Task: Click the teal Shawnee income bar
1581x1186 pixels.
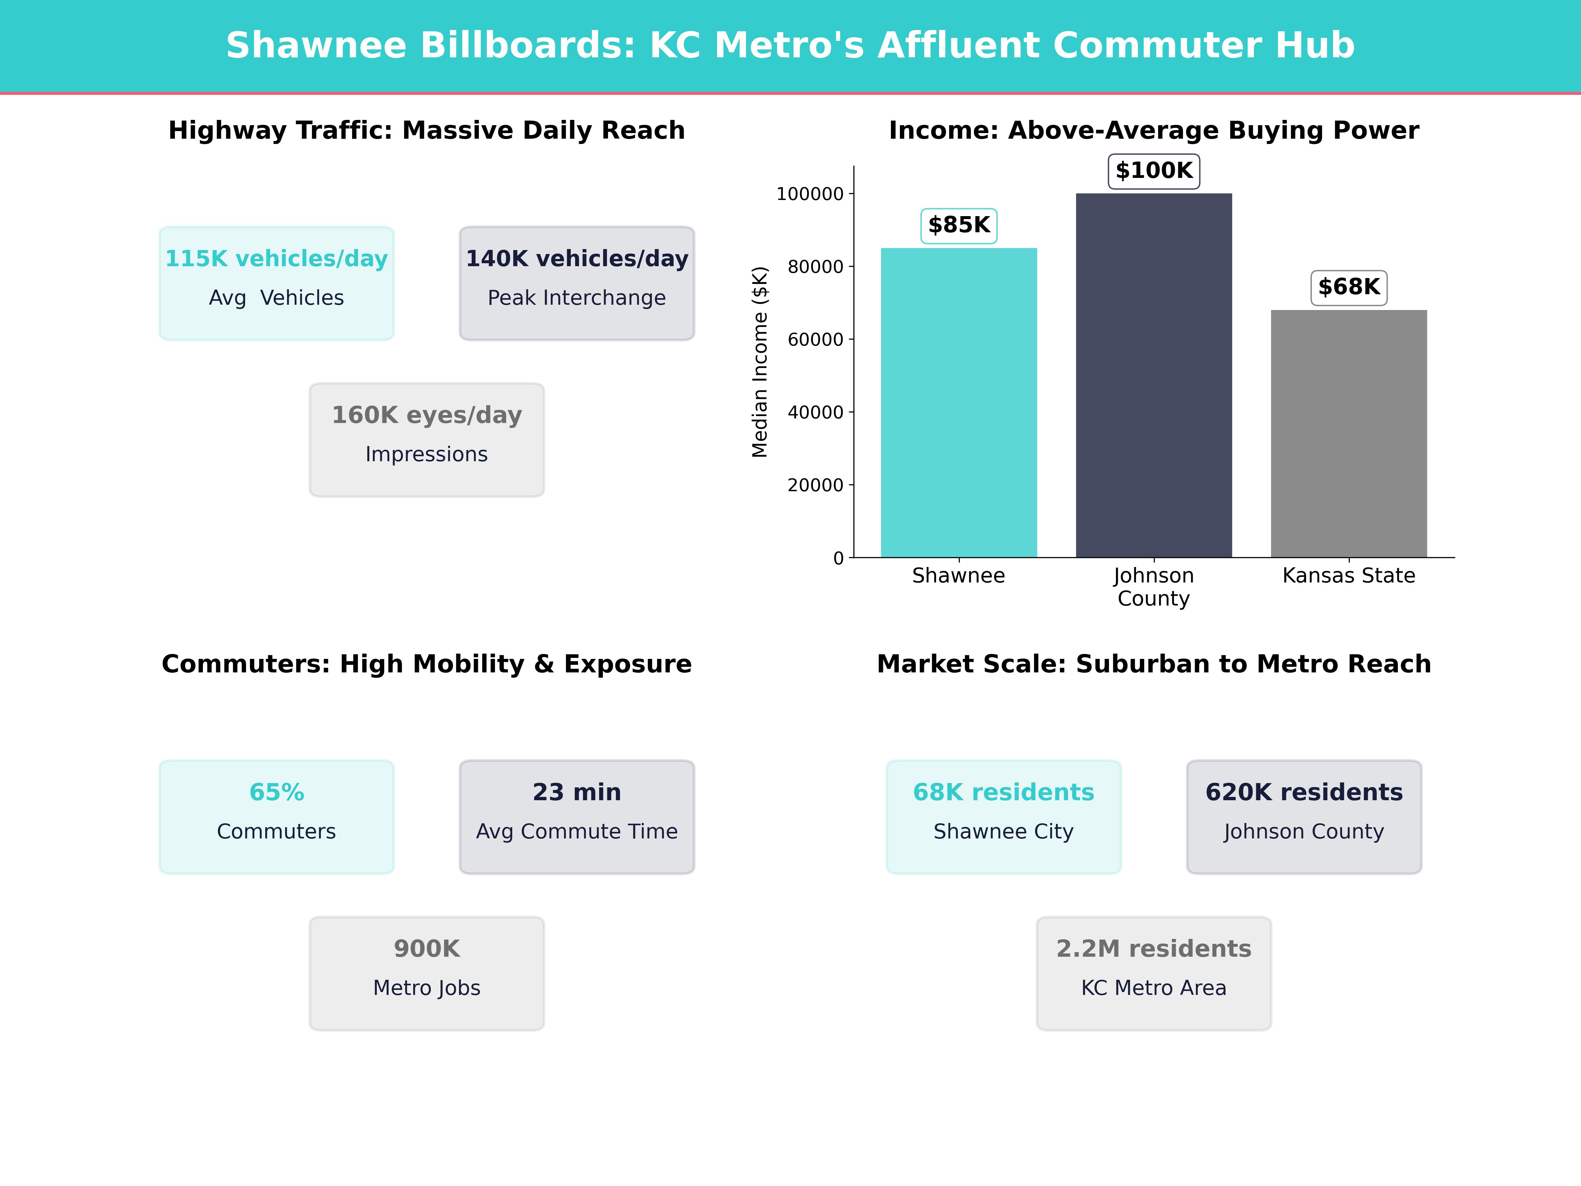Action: (x=958, y=403)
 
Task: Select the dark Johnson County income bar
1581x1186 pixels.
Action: (x=1153, y=375)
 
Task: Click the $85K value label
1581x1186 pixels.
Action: (x=958, y=225)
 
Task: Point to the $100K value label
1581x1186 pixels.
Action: (x=1153, y=171)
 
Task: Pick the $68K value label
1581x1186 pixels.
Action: (x=1349, y=287)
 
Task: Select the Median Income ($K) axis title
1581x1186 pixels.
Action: (x=760, y=362)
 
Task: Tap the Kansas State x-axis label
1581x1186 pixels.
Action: (x=1349, y=576)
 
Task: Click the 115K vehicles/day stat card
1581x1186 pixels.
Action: (x=277, y=283)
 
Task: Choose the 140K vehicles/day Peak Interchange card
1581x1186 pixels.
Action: (x=577, y=283)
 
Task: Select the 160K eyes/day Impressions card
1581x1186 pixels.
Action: (x=427, y=440)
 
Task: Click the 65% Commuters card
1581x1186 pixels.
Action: (x=277, y=816)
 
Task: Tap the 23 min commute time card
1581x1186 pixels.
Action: (x=577, y=816)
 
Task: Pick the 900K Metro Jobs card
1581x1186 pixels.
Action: (x=427, y=973)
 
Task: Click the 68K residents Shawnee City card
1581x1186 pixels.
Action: (x=1004, y=816)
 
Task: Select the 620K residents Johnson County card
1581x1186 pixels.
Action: (x=1304, y=816)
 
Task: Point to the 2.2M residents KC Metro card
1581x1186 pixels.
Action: (x=1153, y=973)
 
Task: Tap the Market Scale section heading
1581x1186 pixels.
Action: (x=1153, y=664)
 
